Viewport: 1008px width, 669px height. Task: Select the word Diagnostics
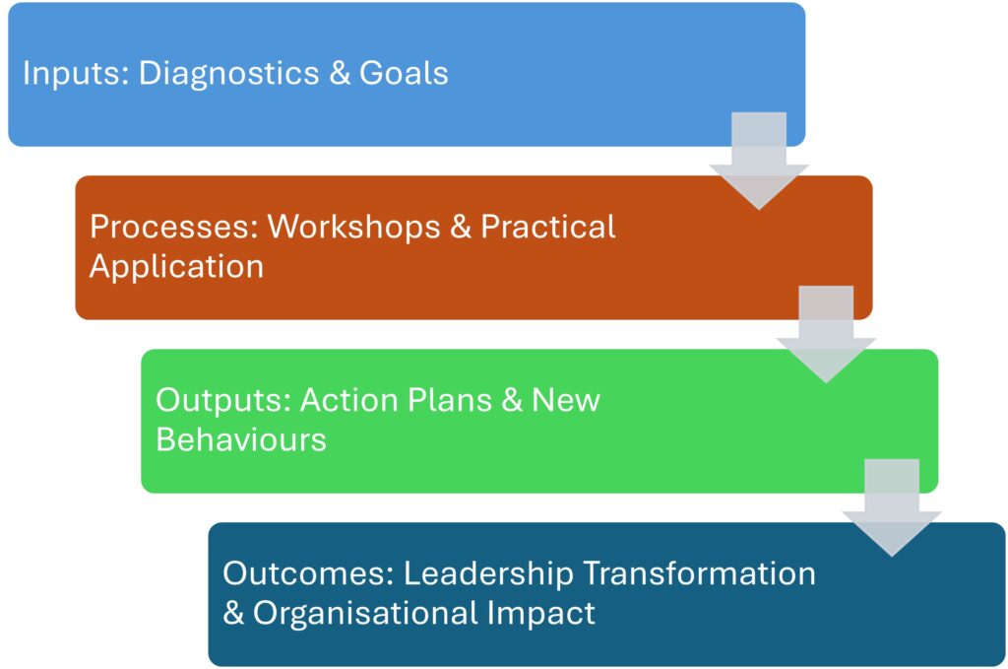pyautogui.click(x=228, y=72)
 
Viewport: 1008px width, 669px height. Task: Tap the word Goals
pyautogui.click(x=404, y=72)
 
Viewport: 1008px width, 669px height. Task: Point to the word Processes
pyautogui.click(x=174, y=227)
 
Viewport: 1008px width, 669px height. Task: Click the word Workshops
pyautogui.click(x=353, y=227)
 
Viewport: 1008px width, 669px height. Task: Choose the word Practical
pyautogui.click(x=548, y=227)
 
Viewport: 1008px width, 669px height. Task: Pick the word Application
pyautogui.click(x=177, y=267)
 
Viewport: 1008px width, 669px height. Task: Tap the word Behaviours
pyautogui.click(x=241, y=439)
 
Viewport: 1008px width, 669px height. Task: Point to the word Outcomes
pyautogui.click(x=308, y=572)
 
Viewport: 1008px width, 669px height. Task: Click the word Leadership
pyautogui.click(x=488, y=574)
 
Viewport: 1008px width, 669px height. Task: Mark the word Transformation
pyautogui.click(x=700, y=572)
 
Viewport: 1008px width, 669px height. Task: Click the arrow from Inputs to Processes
pyautogui.click(x=759, y=161)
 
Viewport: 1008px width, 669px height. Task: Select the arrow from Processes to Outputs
pyautogui.click(x=826, y=335)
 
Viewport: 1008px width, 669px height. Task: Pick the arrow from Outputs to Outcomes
pyautogui.click(x=892, y=507)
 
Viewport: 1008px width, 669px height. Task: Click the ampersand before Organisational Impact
pyautogui.click(x=233, y=613)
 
